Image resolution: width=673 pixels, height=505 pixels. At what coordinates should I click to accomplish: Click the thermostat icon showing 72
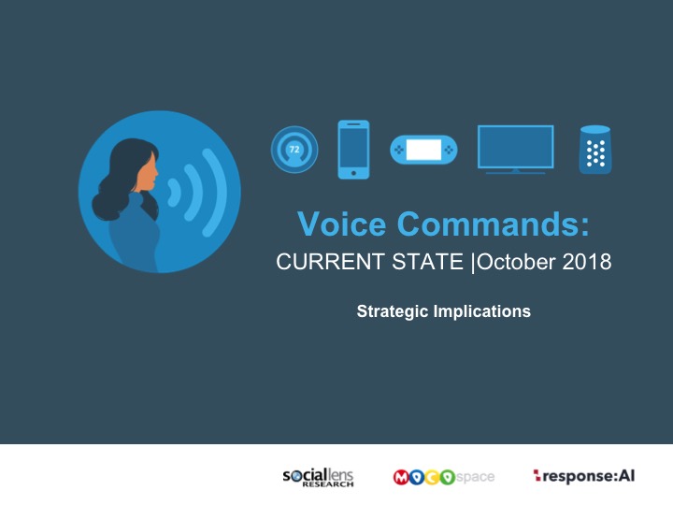click(x=294, y=149)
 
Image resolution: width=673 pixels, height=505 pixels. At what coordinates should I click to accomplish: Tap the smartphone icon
click(x=353, y=150)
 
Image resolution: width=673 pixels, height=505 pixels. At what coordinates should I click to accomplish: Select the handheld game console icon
click(x=423, y=150)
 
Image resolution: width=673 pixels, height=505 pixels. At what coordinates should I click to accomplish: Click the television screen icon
click(x=515, y=150)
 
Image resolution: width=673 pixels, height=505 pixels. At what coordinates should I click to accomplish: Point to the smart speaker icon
click(x=595, y=150)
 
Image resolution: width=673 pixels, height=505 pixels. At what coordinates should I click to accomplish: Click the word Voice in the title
click(x=342, y=224)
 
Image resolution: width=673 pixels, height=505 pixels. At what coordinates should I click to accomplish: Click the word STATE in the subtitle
click(x=427, y=262)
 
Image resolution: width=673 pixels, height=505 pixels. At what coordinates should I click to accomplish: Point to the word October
click(x=516, y=262)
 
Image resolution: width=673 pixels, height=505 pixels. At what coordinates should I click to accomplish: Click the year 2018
click(x=587, y=262)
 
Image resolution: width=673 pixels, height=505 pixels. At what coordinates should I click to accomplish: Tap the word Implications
click(x=482, y=311)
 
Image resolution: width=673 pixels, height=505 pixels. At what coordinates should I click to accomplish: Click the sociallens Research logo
click(x=318, y=477)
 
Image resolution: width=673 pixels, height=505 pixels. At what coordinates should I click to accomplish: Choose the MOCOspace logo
click(x=444, y=477)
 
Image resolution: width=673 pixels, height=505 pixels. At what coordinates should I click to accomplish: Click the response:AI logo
click(x=583, y=476)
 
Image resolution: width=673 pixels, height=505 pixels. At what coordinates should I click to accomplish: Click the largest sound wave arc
click(x=217, y=192)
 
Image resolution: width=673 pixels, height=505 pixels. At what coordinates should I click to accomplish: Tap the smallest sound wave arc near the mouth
click(x=175, y=192)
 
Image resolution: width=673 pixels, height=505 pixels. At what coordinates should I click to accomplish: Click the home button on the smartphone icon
click(x=353, y=173)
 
